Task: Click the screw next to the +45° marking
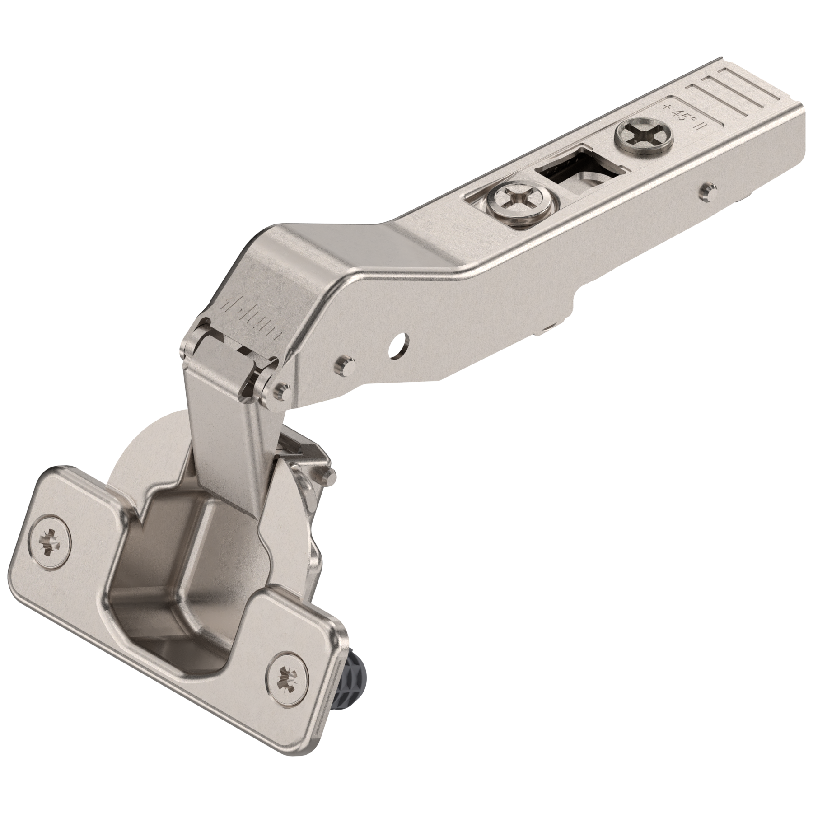point(644,137)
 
